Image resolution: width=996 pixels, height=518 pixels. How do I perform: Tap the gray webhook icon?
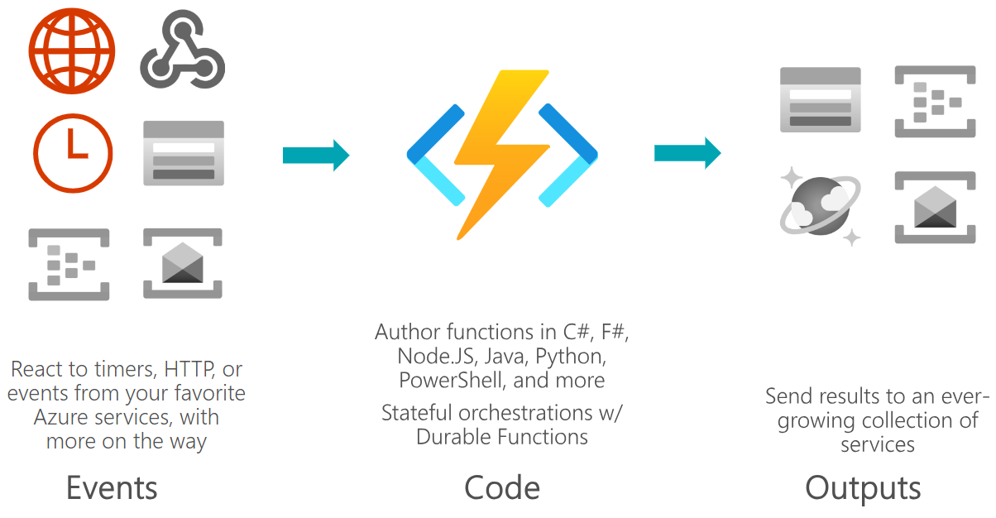click(x=183, y=50)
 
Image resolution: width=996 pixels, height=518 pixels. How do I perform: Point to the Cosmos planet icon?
click(x=820, y=206)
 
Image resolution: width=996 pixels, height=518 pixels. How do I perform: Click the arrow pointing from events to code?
click(x=316, y=155)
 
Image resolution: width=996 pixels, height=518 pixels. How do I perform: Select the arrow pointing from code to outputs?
click(x=687, y=153)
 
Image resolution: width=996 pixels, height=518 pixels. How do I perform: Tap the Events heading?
click(x=112, y=488)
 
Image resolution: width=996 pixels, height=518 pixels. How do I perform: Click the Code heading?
click(x=502, y=488)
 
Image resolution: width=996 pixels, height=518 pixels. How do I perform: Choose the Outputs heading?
click(x=863, y=488)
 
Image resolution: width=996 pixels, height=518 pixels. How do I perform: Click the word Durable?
click(x=453, y=437)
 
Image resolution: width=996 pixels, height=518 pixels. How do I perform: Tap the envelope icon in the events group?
click(x=183, y=263)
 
